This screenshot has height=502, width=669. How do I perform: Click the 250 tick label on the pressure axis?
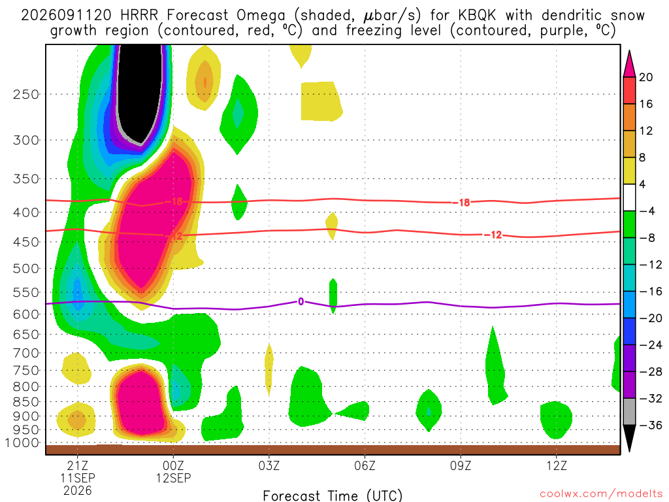[26, 94]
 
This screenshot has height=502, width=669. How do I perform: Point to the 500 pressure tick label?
[26, 269]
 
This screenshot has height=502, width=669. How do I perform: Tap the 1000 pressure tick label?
[23, 443]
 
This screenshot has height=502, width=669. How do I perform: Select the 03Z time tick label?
[269, 465]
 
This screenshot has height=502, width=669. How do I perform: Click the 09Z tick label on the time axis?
[461, 465]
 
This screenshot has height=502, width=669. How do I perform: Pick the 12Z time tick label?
[557, 465]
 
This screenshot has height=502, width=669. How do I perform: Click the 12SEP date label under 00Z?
[173, 478]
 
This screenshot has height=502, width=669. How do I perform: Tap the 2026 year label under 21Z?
[77, 490]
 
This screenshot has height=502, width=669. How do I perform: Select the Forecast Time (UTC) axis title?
[333, 495]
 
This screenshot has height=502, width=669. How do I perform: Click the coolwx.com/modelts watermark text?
[601, 494]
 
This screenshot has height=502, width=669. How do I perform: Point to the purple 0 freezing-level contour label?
[301, 302]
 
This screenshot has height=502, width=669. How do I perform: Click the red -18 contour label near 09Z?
[464, 203]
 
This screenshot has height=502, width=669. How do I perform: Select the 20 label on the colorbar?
[645, 77]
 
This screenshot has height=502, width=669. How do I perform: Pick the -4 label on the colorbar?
[646, 211]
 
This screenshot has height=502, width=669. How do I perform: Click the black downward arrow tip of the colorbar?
[629, 451]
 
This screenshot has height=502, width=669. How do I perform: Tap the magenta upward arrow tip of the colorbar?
[629, 51]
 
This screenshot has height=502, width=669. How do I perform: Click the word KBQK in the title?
[477, 16]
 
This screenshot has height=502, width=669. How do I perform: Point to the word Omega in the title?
[261, 16]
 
